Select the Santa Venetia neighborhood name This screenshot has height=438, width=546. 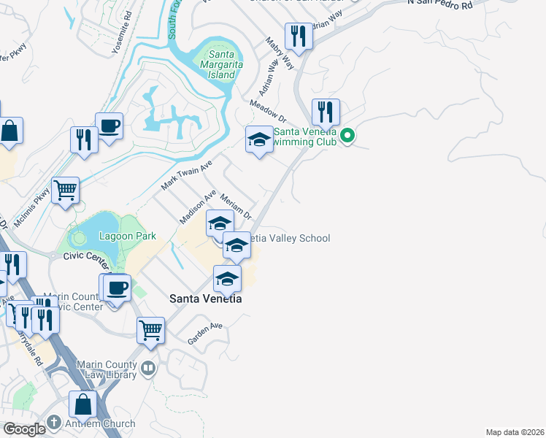[x=205, y=299]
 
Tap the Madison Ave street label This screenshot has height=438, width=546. [x=199, y=207]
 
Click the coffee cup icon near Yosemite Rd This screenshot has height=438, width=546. [x=109, y=126]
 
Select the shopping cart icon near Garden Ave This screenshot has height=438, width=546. [x=151, y=329]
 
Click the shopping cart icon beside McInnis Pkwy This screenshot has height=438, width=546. [x=65, y=191]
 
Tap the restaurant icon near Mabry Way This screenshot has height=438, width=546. [x=299, y=36]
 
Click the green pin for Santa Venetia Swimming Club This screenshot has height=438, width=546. [x=348, y=136]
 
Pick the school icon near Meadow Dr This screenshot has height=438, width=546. [x=258, y=140]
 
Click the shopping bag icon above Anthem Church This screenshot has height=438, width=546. [x=83, y=404]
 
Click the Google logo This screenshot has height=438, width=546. [x=24, y=429]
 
